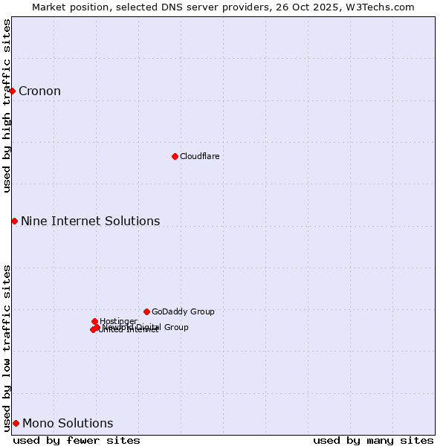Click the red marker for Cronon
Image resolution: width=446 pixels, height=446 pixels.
coord(13,91)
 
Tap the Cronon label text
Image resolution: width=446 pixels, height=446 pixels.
coord(39,91)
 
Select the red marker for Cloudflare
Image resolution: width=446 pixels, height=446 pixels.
coord(175,156)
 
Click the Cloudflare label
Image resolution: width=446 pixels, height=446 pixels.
coord(199,156)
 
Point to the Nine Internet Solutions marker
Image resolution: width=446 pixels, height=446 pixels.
coord(14,221)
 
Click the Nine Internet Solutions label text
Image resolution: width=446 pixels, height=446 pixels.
coord(90,221)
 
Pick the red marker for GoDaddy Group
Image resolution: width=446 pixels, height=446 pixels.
coord(146,311)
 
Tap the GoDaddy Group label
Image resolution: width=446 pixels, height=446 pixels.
coord(183,311)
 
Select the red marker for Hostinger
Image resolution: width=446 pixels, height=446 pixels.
coord(94,321)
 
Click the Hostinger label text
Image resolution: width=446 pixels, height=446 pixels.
coord(118,321)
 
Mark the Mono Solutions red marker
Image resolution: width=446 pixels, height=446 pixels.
coord(16,423)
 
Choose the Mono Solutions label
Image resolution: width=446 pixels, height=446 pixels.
coord(68,424)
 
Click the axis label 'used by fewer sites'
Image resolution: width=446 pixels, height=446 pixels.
coord(77,440)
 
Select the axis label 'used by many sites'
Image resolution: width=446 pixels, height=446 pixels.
coord(373,440)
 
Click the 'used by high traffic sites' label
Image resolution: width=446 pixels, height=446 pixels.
coord(7,106)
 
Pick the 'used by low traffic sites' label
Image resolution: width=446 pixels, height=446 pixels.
coord(7,347)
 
